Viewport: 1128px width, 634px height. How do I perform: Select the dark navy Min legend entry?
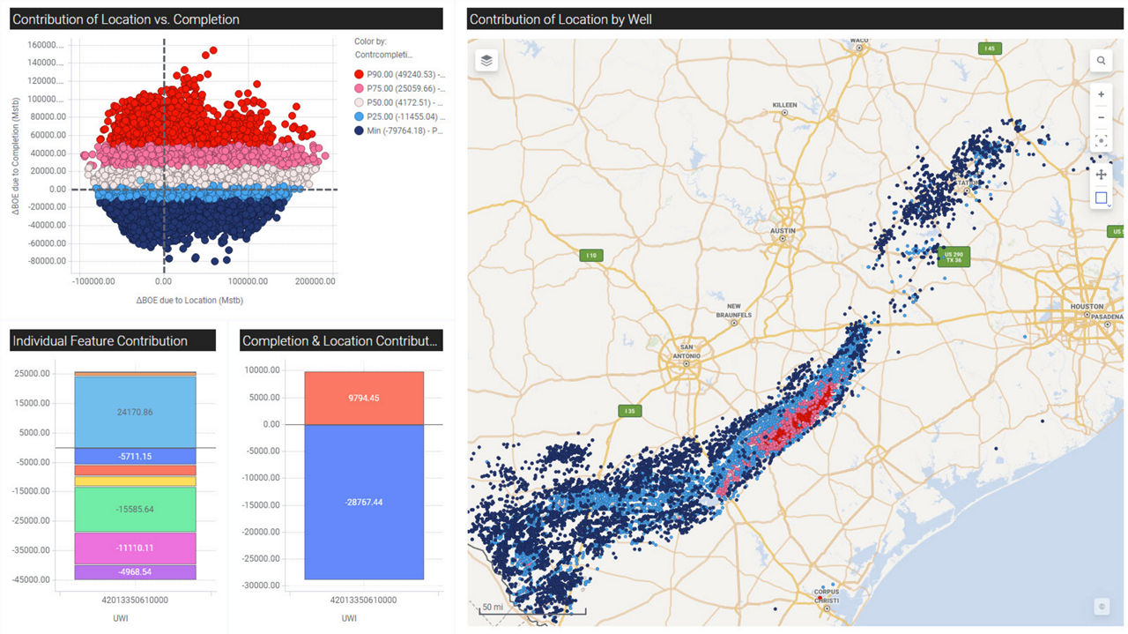coord(398,130)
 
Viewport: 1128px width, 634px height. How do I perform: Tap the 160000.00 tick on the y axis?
coord(46,45)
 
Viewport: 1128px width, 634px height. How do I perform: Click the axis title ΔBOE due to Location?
coord(189,301)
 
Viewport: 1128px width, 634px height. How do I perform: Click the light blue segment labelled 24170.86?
coord(135,412)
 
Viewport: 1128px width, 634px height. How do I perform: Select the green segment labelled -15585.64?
coord(135,510)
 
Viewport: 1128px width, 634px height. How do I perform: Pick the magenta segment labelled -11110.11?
coord(135,548)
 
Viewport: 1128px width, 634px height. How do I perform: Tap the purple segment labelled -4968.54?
coord(135,572)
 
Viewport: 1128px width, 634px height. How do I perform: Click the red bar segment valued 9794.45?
coord(364,398)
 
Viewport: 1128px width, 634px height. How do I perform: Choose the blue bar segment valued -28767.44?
coord(364,502)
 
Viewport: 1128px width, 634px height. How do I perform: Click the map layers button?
coord(486,60)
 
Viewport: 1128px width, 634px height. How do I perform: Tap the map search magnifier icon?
coord(1101,61)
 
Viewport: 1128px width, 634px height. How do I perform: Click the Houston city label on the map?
coord(1087,307)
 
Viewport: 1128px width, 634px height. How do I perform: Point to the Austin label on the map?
coord(783,231)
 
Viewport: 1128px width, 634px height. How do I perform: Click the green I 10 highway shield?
coord(590,256)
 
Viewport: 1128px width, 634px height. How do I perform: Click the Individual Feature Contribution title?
coord(100,341)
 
